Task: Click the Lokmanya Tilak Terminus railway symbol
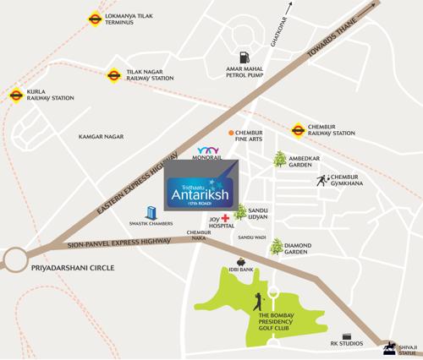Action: tap(94, 18)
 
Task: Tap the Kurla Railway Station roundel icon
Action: tap(15, 95)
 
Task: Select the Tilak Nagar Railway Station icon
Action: tap(113, 75)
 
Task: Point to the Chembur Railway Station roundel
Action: tap(298, 129)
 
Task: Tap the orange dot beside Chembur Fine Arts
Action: tap(230, 133)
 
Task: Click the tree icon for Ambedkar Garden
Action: tap(278, 158)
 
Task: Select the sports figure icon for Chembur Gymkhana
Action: tap(322, 179)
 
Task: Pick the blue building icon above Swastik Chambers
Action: tap(151, 212)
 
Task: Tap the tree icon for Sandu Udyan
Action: tap(242, 213)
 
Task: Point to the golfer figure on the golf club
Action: tap(257, 301)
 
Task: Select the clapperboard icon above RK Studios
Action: tap(346, 335)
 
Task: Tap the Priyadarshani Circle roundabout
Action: tap(16, 258)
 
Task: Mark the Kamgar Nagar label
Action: tap(101, 135)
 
